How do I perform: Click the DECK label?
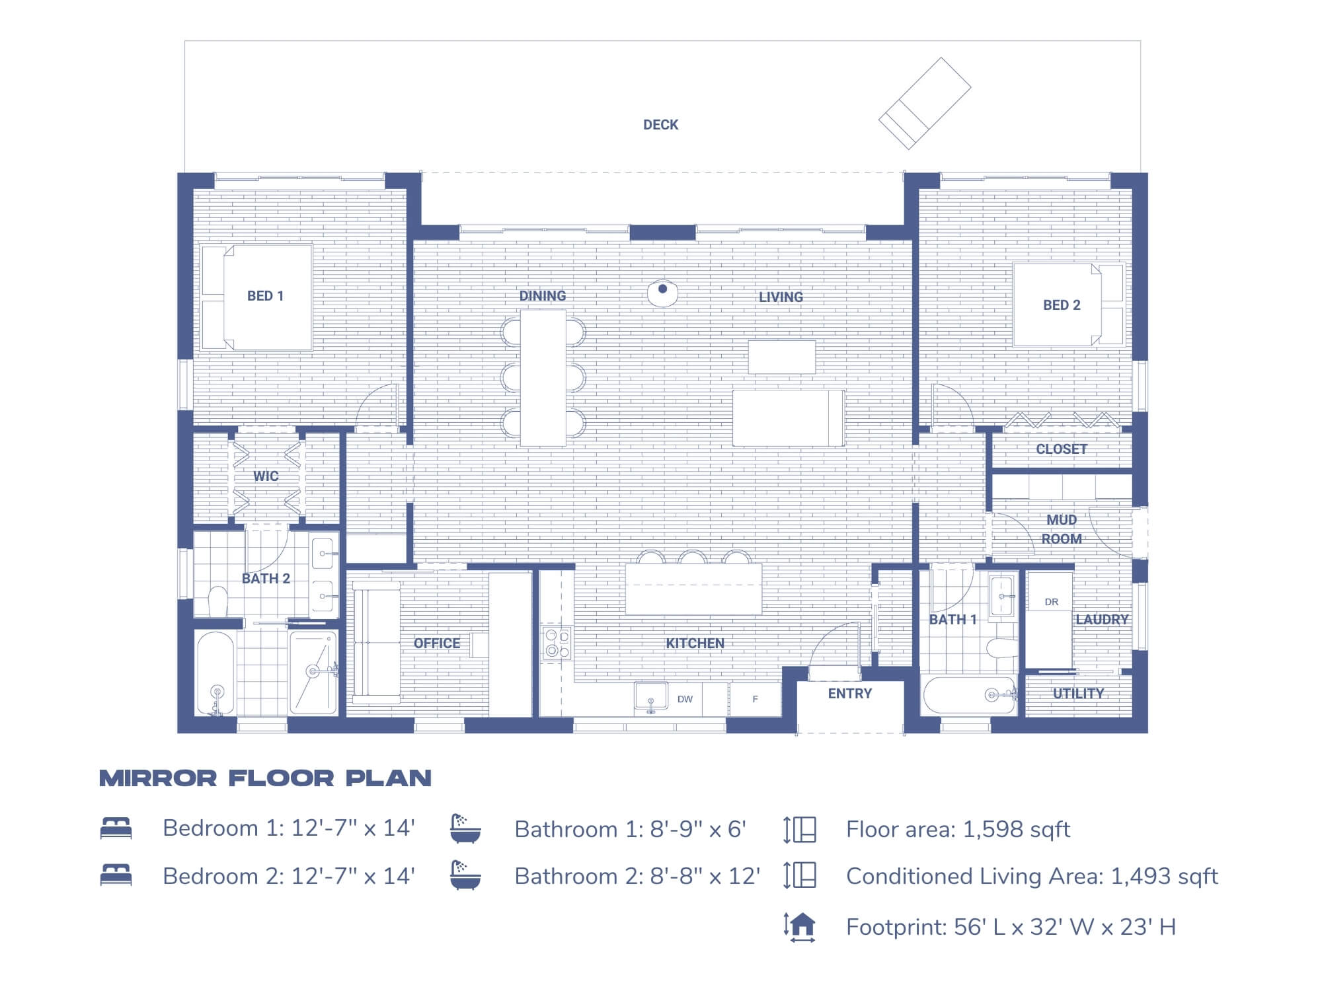[x=660, y=125]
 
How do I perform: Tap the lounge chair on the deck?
[x=924, y=103]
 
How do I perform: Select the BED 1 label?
[x=265, y=296]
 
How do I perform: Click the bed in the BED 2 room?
[x=1068, y=305]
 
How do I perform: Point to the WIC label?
[x=266, y=476]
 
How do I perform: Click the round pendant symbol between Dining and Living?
[x=662, y=291]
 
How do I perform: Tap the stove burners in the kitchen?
[x=557, y=643]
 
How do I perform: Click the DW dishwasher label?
[x=685, y=699]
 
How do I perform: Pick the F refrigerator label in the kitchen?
[x=755, y=699]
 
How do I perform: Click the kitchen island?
[x=693, y=589]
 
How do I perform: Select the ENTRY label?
[x=849, y=694]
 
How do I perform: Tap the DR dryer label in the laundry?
[x=1051, y=602]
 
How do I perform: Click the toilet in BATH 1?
[x=1001, y=647]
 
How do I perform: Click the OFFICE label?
[x=436, y=643]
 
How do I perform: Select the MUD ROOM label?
[x=1061, y=529]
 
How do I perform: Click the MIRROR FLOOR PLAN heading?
[x=265, y=778]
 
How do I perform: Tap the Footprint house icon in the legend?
[x=800, y=926]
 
